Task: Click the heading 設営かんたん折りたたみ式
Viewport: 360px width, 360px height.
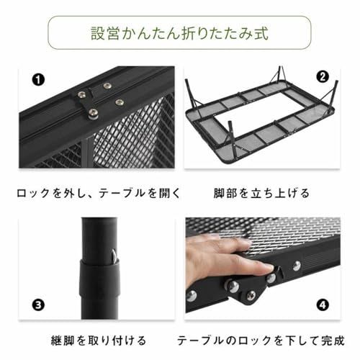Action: [179, 34]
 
